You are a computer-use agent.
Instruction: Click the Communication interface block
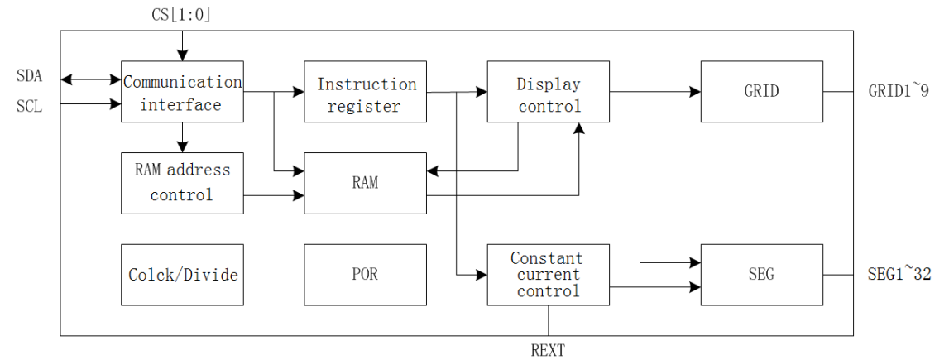pos(182,92)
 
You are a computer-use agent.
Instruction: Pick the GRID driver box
pos(761,92)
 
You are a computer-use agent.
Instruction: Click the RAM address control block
pos(182,183)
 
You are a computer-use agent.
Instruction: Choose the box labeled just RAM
pos(365,183)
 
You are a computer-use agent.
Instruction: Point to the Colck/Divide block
pos(182,274)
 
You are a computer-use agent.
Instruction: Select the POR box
pos(365,274)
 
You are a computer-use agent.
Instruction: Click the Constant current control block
pos(548,274)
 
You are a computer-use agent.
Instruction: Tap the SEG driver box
pos(761,274)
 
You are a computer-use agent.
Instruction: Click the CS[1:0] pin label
pos(182,13)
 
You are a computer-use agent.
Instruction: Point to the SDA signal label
pos(30,77)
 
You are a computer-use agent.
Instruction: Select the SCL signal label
pos(30,106)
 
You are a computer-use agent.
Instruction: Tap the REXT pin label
pos(548,350)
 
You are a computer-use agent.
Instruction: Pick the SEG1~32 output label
pos(899,274)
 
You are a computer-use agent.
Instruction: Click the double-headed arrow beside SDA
pos(91,79)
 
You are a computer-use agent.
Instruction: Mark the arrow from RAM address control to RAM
pos(274,196)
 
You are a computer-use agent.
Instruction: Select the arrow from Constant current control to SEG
pos(654,287)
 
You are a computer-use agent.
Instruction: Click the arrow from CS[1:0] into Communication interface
pos(182,41)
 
